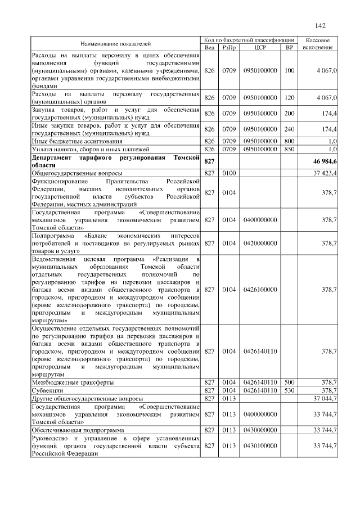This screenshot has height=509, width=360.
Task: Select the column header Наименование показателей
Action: click(115, 44)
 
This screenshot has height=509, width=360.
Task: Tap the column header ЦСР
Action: click(259, 48)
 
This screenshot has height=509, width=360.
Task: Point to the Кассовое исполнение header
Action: click(320, 44)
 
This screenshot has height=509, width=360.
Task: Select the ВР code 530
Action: click(290, 390)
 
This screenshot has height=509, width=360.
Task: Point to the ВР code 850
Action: click(290, 150)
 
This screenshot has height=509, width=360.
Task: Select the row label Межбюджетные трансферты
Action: click(73, 382)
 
